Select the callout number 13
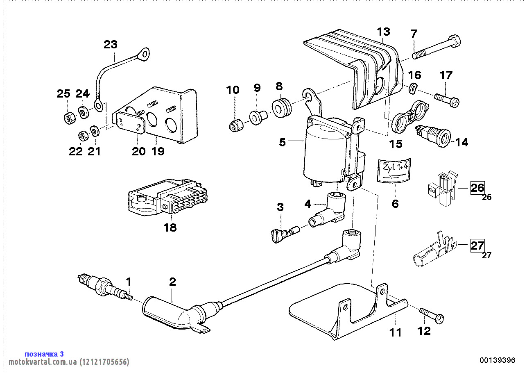[x=384, y=32]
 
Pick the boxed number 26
[x=477, y=188]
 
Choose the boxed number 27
[x=477, y=246]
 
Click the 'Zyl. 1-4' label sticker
[x=394, y=169]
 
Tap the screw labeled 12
[x=432, y=316]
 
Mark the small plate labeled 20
[x=131, y=122]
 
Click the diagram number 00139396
[x=497, y=360]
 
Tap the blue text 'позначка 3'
[x=44, y=354]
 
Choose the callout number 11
[x=395, y=332]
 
